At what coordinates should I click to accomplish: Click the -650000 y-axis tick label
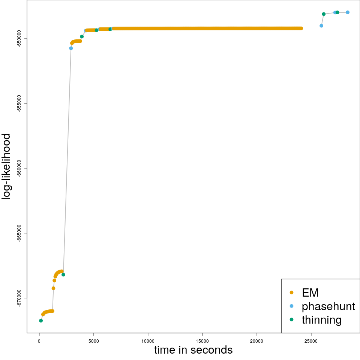[x=19, y=38]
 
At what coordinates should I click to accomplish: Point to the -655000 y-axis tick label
[x=19, y=103]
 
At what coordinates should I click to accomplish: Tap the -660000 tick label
[x=19, y=168]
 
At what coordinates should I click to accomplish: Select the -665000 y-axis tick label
[x=19, y=233]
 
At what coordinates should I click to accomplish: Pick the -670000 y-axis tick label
[x=19, y=298]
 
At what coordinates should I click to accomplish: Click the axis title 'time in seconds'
[x=193, y=350]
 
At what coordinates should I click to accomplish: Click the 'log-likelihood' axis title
[x=7, y=167]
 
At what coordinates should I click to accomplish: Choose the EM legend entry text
[x=310, y=292]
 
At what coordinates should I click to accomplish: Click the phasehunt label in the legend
[x=328, y=306]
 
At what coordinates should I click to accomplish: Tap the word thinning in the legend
[x=321, y=320]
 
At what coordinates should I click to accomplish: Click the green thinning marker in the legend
[x=292, y=319]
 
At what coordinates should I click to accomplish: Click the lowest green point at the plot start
[x=41, y=321]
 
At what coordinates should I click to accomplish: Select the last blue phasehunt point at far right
[x=348, y=12]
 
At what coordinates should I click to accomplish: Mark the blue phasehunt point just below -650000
[x=71, y=48]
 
